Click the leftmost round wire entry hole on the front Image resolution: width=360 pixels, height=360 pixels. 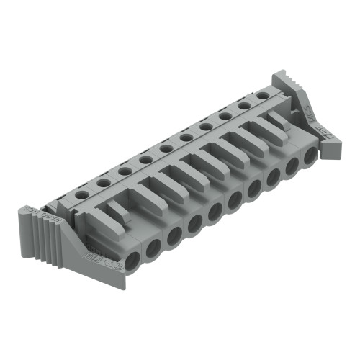133,258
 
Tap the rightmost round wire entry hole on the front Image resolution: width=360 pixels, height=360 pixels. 310,156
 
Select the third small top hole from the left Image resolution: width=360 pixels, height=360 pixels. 125,171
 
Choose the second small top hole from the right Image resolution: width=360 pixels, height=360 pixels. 245,104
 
